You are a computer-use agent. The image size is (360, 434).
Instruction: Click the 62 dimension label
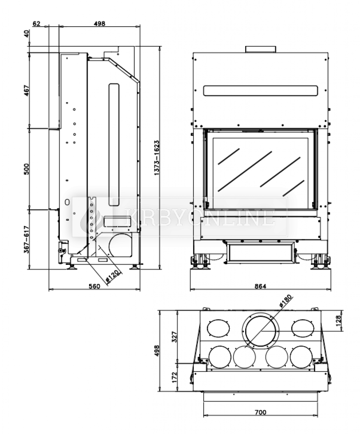tap(36, 24)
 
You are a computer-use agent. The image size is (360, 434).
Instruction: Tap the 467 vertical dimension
tap(27, 90)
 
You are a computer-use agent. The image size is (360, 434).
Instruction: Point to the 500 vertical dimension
tap(27, 169)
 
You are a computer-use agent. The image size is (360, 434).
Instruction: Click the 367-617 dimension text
tap(27, 239)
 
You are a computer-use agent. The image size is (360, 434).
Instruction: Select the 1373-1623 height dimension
tap(157, 158)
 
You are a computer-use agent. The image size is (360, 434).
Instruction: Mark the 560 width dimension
tap(94, 286)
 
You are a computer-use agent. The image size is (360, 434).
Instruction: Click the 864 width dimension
tap(260, 286)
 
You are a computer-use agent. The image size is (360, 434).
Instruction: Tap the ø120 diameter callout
tap(113, 276)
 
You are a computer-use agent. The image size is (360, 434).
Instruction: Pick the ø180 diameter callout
tap(286, 301)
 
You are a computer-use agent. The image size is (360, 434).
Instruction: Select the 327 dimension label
tap(174, 337)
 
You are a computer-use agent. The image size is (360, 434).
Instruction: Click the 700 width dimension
tap(260, 406)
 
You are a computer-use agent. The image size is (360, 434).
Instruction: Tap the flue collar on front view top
tap(261, 49)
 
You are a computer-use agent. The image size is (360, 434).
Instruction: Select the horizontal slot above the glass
tap(261, 91)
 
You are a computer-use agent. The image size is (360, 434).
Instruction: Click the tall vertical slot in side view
tap(114, 145)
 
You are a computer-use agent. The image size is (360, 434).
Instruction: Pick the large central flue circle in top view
tap(261, 331)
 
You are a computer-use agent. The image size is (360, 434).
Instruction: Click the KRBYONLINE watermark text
tap(200, 218)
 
